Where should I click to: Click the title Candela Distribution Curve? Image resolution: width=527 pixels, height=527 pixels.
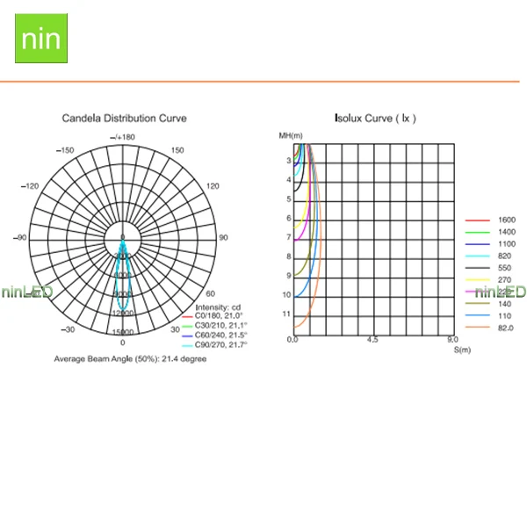(124, 118)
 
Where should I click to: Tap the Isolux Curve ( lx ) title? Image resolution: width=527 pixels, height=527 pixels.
(375, 118)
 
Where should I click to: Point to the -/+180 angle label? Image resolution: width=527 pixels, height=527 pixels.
(123, 137)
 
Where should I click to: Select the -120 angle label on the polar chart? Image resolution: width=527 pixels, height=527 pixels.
(32, 186)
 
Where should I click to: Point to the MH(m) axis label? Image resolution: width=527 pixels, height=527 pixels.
(290, 135)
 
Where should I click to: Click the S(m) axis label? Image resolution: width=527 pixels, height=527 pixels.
(462, 350)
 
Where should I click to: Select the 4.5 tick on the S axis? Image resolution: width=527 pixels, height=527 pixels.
(372, 340)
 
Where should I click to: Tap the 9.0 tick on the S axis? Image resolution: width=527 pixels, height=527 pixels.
(451, 340)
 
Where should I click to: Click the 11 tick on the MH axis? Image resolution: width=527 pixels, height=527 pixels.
(285, 314)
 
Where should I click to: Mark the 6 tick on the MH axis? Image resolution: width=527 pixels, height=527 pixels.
(287, 219)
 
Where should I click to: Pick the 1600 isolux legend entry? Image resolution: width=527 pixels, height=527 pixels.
(506, 220)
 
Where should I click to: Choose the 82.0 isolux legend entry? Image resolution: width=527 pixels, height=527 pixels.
(506, 328)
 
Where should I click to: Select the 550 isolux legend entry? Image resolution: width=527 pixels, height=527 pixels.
(506, 267)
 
